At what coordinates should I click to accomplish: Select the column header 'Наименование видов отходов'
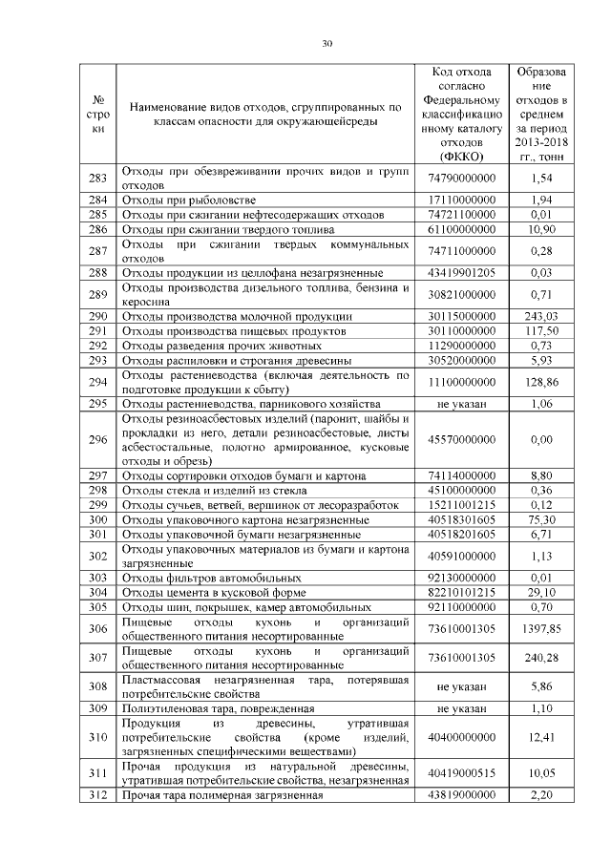tap(263, 114)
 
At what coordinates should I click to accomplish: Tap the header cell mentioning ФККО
tap(463, 114)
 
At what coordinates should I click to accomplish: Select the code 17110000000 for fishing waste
tap(463, 200)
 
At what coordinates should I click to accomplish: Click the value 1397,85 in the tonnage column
tap(540, 629)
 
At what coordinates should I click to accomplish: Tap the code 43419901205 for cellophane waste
tap(463, 272)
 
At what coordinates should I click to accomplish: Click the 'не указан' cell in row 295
tap(463, 404)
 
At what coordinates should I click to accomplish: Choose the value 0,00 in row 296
tap(540, 440)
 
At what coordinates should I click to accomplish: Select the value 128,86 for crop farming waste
tap(540, 382)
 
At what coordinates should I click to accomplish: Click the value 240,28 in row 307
tap(540, 658)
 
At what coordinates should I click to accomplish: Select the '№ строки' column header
tap(97, 114)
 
